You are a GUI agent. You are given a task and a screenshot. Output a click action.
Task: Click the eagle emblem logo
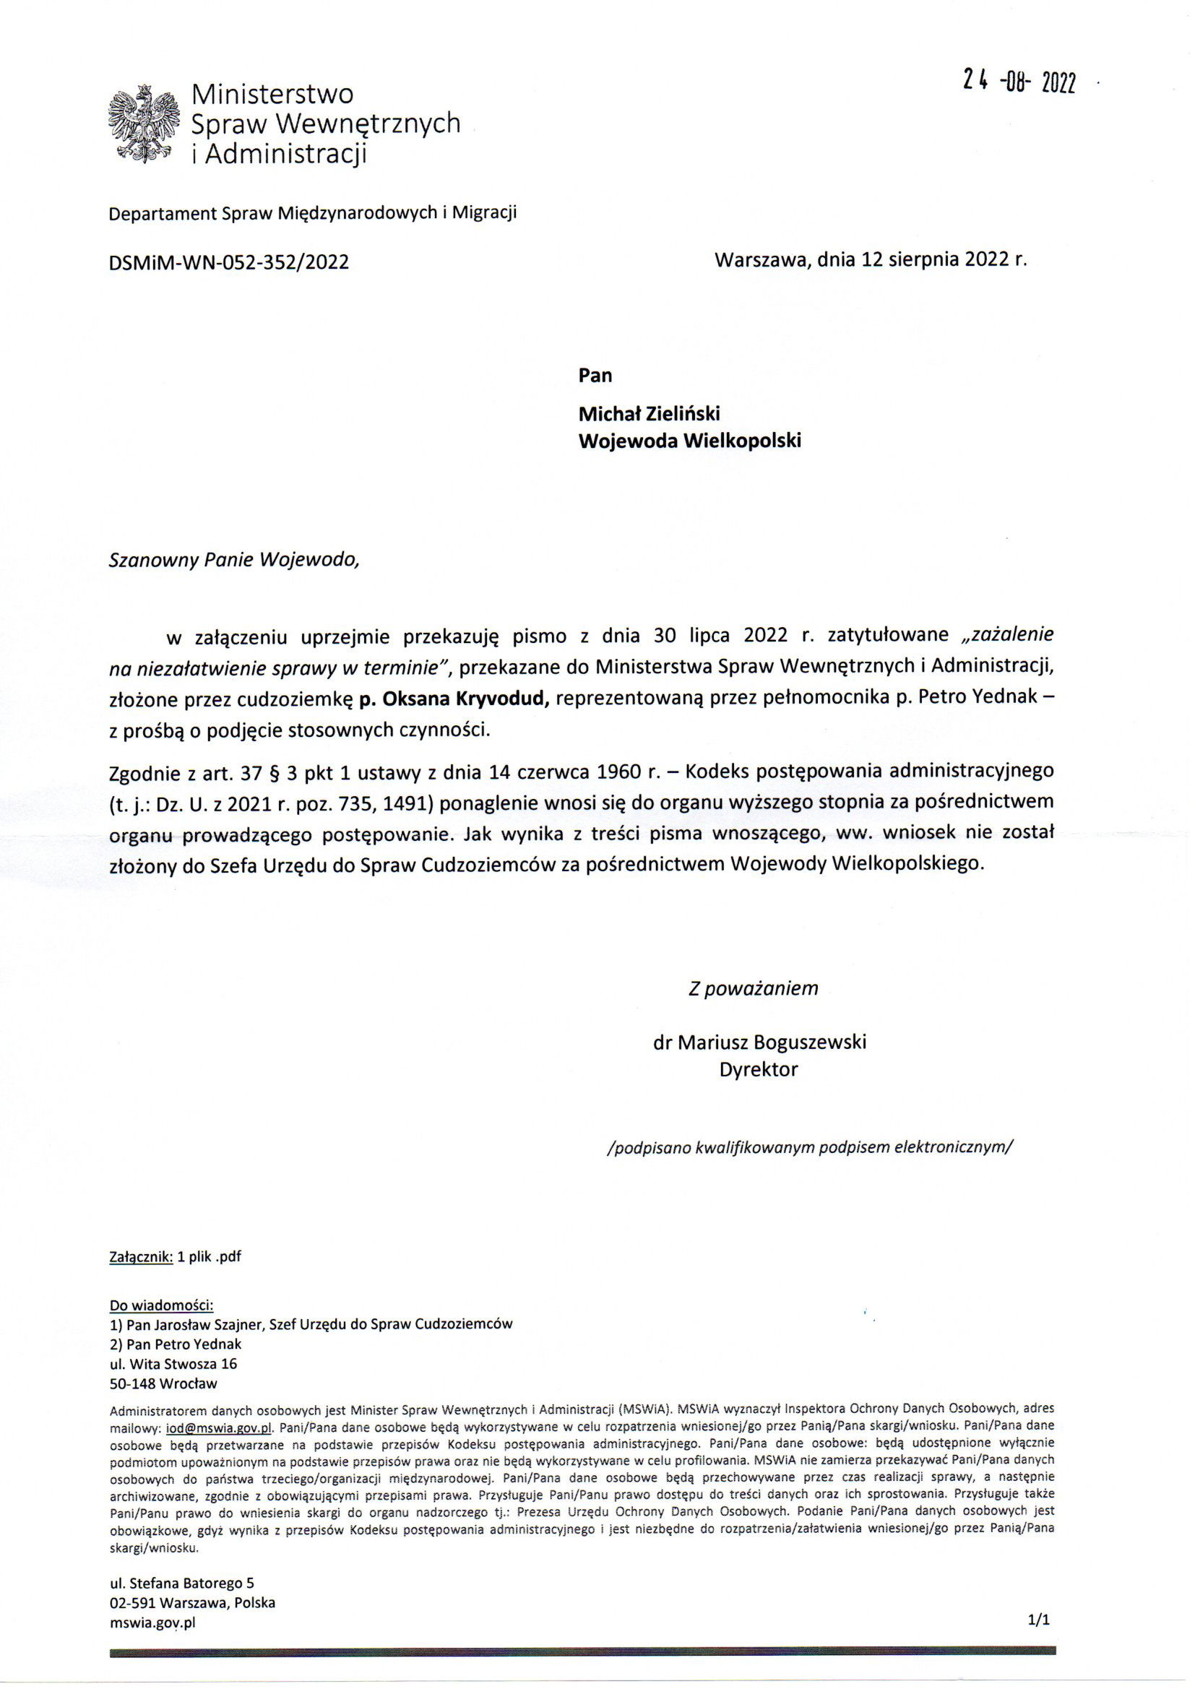coord(144,123)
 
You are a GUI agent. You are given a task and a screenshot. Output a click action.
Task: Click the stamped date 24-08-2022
coord(1019,83)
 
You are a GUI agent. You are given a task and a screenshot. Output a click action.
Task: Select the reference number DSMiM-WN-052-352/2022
coord(228,263)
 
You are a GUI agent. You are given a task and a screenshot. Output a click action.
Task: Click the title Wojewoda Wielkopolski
coord(689,441)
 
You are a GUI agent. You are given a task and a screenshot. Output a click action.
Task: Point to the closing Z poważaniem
coord(753,988)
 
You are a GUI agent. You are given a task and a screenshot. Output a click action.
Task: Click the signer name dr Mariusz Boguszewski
coord(759,1042)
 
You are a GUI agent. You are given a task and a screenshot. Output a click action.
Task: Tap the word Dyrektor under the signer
coord(759,1070)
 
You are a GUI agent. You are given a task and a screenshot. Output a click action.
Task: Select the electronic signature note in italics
coord(810,1147)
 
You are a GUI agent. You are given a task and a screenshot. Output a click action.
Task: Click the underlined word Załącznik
coord(141,1256)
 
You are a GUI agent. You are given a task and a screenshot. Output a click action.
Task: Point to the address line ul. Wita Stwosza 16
coord(173,1363)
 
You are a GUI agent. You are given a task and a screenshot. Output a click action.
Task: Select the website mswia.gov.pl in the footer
coord(152,1622)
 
